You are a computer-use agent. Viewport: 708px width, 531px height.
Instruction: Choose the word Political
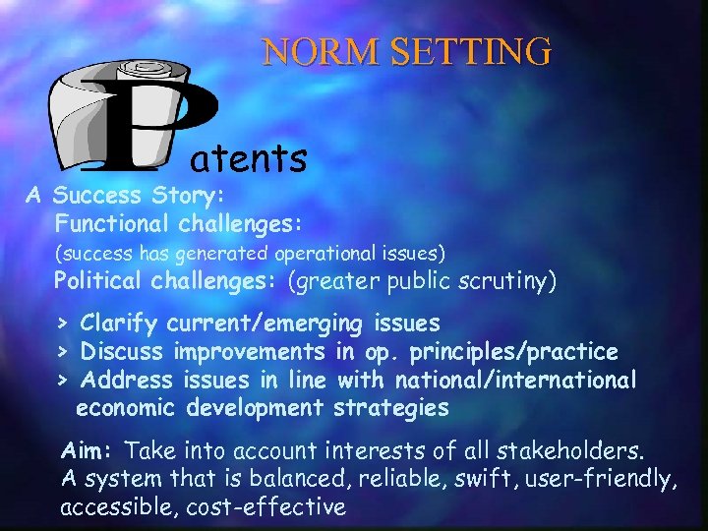pyautogui.click(x=98, y=283)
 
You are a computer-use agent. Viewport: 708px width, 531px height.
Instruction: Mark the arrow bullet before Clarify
pyautogui.click(x=61, y=324)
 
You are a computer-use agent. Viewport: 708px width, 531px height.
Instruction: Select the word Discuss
pyautogui.click(x=123, y=351)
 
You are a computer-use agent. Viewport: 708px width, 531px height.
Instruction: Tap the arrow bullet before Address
pyautogui.click(x=61, y=380)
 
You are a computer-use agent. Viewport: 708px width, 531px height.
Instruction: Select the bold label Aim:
pyautogui.click(x=89, y=451)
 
